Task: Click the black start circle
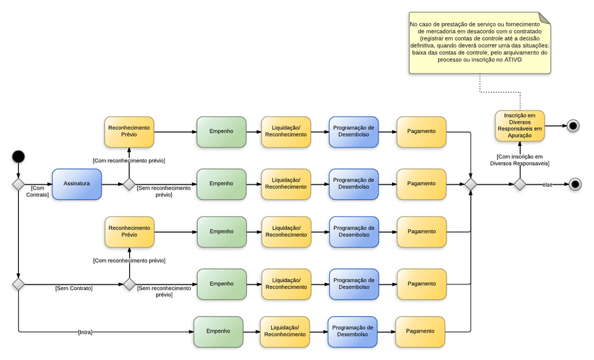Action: (19, 156)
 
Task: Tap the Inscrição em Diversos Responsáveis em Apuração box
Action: (519, 127)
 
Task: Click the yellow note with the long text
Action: (479, 43)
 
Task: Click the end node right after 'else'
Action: (574, 185)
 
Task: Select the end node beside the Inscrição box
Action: (573, 127)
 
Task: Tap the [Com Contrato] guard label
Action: (38, 191)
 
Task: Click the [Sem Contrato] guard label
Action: (74, 288)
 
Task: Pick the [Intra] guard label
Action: (85, 332)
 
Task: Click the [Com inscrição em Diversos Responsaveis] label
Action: (519, 160)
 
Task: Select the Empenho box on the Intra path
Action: (218, 331)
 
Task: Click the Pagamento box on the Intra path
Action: (420, 331)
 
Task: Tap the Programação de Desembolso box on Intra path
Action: (352, 331)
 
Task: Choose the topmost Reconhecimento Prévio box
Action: (129, 131)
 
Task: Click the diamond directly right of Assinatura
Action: (129, 185)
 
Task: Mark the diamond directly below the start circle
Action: (19, 185)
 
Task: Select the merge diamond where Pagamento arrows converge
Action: (471, 185)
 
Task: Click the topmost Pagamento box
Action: (421, 131)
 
